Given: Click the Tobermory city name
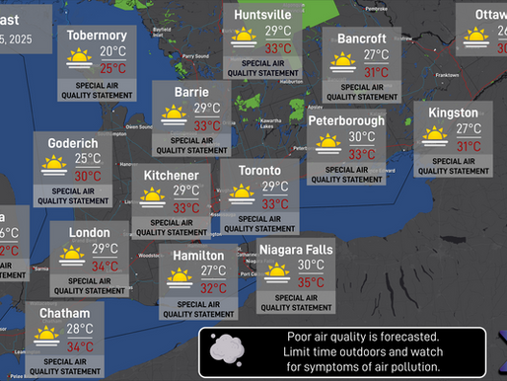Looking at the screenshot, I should [97, 36].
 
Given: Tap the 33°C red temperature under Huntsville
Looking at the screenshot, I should [278, 48].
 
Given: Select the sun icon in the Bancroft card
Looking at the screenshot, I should [342, 63].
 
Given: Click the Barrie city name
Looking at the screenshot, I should [191, 92].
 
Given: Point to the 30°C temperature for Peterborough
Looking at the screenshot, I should [362, 137].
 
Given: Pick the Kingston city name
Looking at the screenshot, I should [453, 113].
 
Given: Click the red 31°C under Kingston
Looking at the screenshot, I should [469, 146].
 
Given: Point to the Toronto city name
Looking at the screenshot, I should [260, 170].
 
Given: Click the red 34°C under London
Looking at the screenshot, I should [106, 267].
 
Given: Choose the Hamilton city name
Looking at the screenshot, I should [198, 255].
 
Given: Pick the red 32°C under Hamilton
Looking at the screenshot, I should [213, 288].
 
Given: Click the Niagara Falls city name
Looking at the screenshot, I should [296, 250].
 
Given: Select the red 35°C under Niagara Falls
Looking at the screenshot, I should [311, 282].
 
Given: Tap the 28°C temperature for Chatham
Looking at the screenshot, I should [80, 329].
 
